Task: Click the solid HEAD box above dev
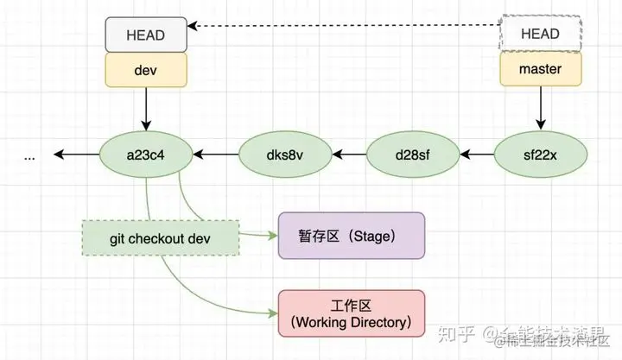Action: [146, 35]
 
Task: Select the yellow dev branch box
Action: [146, 69]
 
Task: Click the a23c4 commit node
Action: [146, 155]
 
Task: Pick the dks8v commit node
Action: [284, 155]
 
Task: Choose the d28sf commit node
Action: [412, 155]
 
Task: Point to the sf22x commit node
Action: [541, 155]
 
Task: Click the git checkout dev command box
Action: [162, 237]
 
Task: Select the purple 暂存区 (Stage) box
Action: [351, 236]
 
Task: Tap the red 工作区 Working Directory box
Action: [351, 313]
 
